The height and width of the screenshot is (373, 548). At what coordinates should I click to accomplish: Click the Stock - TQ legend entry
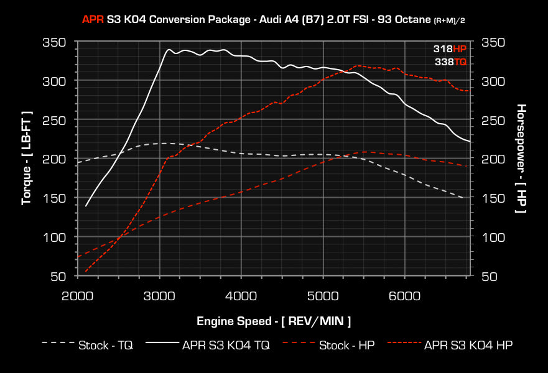click(86, 344)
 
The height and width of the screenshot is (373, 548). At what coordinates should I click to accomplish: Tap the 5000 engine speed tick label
click(323, 295)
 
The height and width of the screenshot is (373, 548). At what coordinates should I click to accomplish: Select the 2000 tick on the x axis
click(78, 295)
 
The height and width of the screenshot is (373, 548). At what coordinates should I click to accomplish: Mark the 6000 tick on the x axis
click(405, 295)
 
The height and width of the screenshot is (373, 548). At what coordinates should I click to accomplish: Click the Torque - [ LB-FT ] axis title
click(27, 159)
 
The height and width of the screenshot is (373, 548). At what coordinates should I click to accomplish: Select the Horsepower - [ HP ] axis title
click(521, 159)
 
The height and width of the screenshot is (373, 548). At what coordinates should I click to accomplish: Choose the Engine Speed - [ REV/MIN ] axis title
click(274, 321)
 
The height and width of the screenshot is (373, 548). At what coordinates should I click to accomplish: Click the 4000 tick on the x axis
click(241, 295)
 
